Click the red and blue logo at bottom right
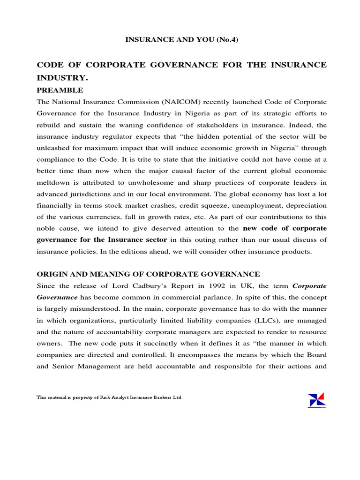coord(316,400)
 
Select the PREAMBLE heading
coord(60,90)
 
